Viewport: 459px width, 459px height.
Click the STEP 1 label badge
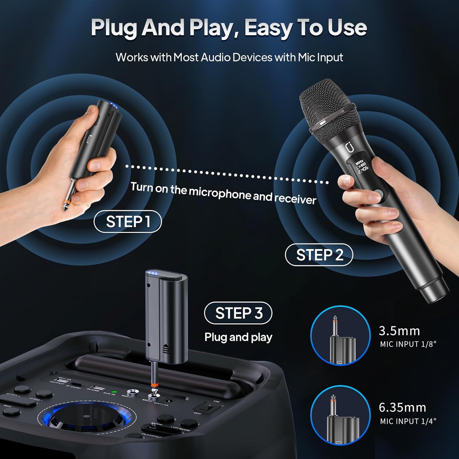(127, 222)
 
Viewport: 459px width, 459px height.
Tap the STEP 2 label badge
(319, 255)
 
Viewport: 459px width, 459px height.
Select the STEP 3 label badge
(238, 313)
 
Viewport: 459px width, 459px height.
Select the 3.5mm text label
(399, 331)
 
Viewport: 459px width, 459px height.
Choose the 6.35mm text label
(402, 407)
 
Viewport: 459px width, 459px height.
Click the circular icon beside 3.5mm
(340, 336)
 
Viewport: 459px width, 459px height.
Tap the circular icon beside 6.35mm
(340, 415)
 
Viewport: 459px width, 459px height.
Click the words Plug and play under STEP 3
(238, 337)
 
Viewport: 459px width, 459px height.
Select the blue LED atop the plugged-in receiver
(152, 273)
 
